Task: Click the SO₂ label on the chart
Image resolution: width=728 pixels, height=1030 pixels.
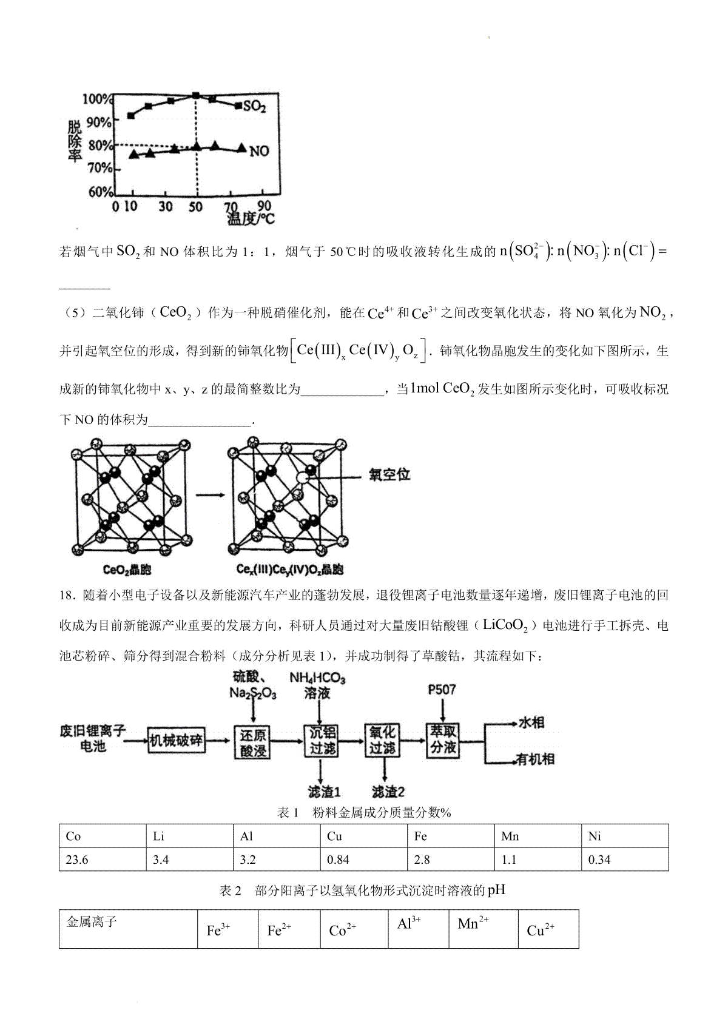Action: (254, 107)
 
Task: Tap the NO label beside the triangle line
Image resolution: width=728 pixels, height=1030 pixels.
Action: (259, 150)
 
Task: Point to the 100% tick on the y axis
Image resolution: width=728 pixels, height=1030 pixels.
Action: (97, 99)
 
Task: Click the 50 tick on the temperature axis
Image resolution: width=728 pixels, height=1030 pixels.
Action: (195, 207)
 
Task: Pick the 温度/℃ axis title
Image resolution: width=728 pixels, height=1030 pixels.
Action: (251, 218)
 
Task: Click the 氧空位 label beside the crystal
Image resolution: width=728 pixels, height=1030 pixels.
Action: (389, 475)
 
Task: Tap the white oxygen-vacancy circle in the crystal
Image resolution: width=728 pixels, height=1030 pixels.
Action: (302, 479)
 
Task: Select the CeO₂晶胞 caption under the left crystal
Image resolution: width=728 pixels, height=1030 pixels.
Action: (127, 570)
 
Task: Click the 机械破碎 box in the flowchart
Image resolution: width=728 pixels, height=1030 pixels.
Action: (177, 741)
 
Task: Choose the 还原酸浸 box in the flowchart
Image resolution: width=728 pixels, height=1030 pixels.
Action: (252, 741)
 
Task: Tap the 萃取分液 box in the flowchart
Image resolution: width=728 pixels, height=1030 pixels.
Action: (443, 739)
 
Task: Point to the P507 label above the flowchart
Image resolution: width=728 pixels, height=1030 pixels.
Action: (442, 690)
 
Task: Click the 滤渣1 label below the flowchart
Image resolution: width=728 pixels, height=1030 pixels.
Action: (323, 792)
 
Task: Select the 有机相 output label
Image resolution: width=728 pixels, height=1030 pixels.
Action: (535, 759)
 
